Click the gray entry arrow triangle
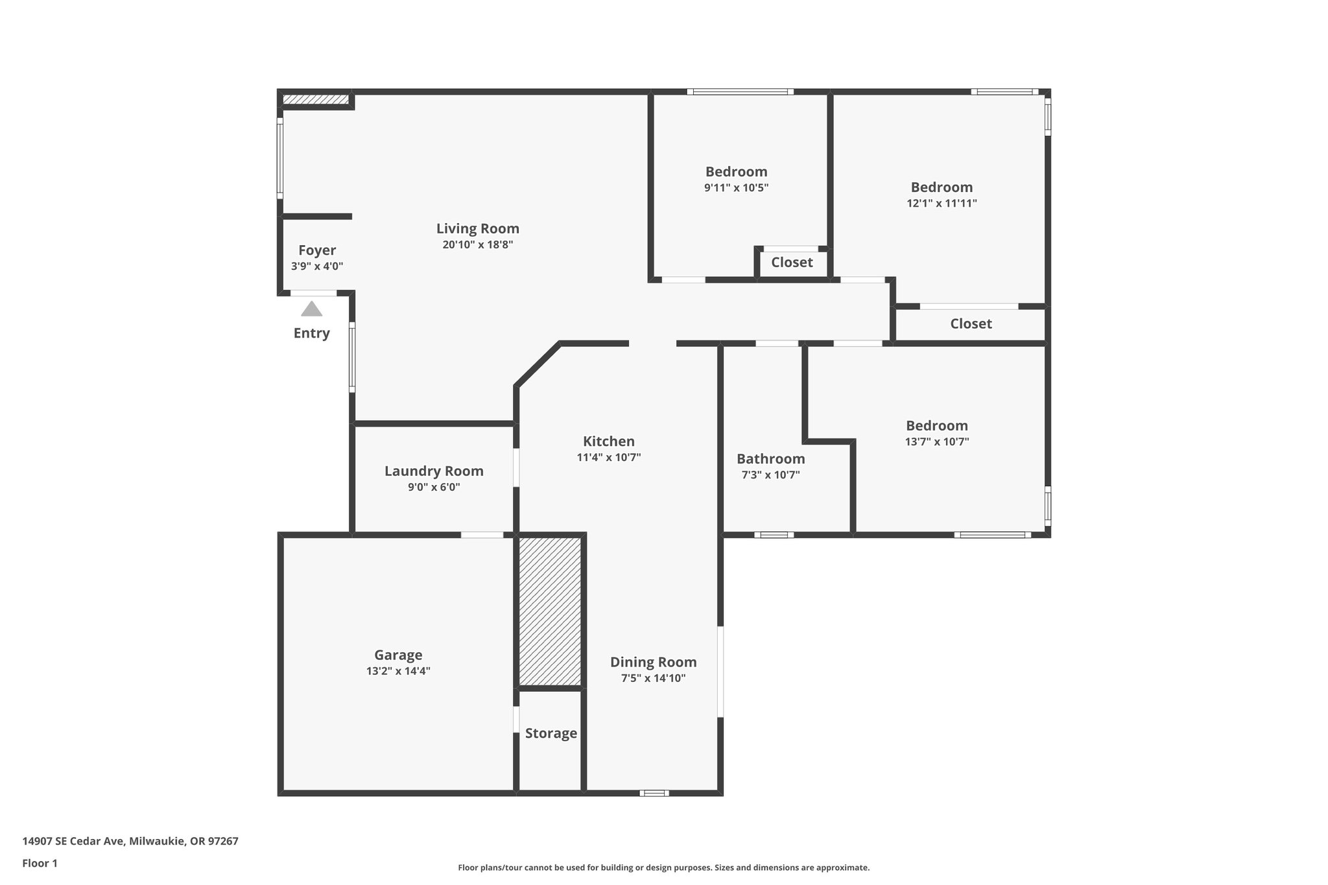(x=311, y=309)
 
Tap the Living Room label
(x=477, y=228)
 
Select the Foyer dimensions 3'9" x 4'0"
(x=317, y=266)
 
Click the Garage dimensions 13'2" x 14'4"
(x=398, y=671)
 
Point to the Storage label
(x=551, y=733)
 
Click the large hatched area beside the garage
(x=550, y=611)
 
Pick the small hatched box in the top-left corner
(x=316, y=99)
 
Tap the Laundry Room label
(x=434, y=471)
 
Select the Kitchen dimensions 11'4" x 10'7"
(x=608, y=457)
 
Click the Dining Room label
(x=653, y=662)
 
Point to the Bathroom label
(x=770, y=458)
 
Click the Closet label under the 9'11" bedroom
(x=792, y=263)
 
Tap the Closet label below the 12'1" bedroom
(x=971, y=324)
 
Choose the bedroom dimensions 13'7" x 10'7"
(x=937, y=442)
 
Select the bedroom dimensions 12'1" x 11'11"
(x=942, y=203)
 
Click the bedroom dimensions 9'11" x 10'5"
(x=736, y=188)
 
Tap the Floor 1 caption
(x=40, y=863)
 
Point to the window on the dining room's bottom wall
(x=654, y=793)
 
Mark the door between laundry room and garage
(x=482, y=535)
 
